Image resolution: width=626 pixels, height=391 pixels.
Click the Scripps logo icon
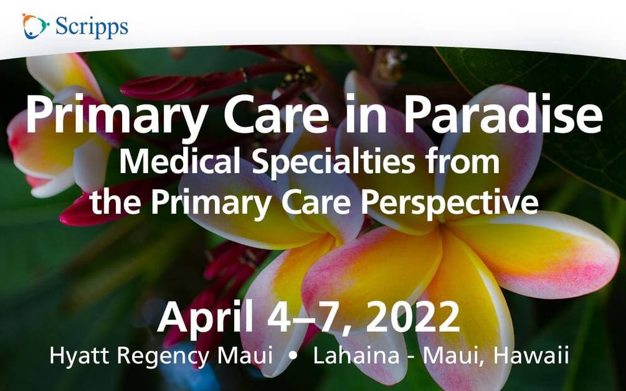35,26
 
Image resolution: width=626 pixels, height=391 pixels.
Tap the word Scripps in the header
92,27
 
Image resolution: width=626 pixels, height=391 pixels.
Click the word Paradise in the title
503,114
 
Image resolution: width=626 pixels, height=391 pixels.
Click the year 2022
412,317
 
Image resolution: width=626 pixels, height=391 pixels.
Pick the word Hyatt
79,355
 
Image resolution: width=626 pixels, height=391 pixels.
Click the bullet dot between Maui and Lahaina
293,356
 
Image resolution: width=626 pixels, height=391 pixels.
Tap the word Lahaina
356,355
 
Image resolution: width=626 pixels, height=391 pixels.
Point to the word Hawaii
531,355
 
